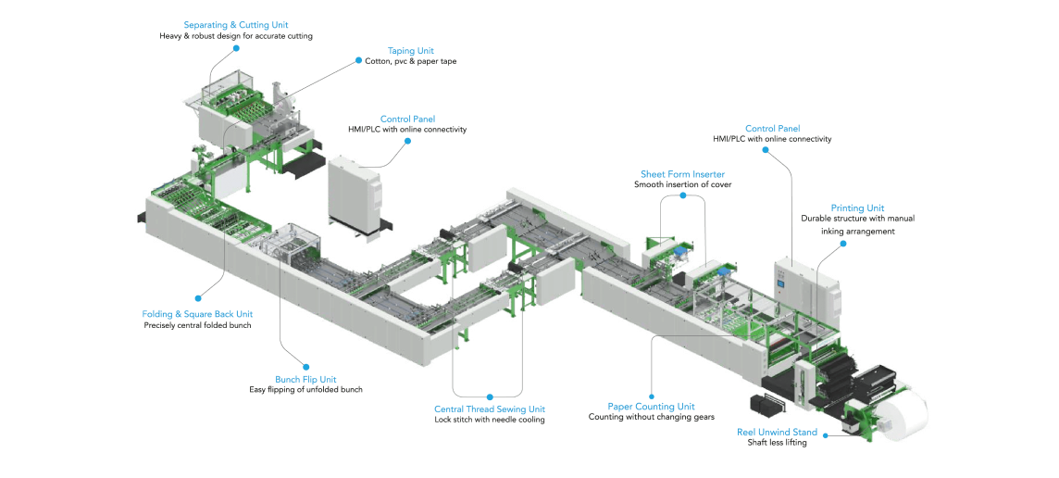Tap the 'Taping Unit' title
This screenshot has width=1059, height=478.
[x=411, y=51]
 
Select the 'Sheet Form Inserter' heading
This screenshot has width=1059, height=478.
[x=682, y=174]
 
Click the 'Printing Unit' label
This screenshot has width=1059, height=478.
[x=857, y=208]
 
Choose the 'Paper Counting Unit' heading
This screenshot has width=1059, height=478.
[x=651, y=407]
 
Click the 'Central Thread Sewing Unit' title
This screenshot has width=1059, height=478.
[x=490, y=409]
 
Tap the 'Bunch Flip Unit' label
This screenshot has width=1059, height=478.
[x=305, y=379]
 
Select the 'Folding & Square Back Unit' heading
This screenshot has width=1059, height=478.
[x=197, y=314]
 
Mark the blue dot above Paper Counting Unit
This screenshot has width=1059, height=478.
[x=652, y=397]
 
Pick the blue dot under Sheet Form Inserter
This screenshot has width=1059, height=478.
[x=683, y=195]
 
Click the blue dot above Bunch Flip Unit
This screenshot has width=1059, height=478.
[x=305, y=367]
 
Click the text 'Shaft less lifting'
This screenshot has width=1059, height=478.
[x=777, y=443]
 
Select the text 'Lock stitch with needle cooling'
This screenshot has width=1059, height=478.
[x=490, y=420]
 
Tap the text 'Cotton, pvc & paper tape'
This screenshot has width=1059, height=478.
[x=411, y=61]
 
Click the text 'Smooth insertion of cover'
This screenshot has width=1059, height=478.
[x=683, y=184]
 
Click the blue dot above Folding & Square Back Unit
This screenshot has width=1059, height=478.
[x=198, y=297]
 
